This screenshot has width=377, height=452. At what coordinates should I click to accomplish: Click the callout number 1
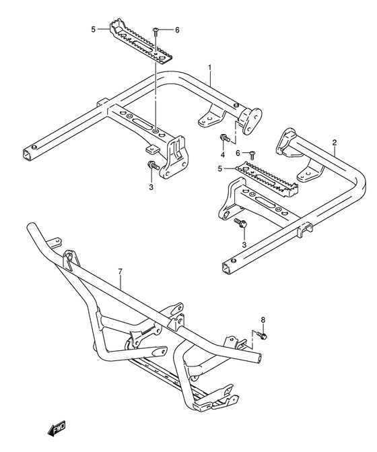point(210,67)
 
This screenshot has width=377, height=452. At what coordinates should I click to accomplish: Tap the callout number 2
point(334,142)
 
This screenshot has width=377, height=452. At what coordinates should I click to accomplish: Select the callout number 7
point(120,271)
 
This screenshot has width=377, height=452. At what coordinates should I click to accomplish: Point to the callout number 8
point(263,320)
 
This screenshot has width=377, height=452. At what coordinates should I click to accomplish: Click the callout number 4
point(223,155)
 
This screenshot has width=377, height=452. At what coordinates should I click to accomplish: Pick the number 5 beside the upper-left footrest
point(93,30)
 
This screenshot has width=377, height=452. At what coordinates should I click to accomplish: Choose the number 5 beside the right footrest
point(220,168)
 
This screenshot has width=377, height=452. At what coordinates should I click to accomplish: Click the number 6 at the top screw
point(177,30)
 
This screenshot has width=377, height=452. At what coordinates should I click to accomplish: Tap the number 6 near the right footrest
point(238,153)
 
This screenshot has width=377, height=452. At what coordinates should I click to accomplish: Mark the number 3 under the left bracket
point(151,187)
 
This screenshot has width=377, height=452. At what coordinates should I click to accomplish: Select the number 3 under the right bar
point(244,245)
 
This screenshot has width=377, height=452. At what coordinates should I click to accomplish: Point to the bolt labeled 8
point(262,335)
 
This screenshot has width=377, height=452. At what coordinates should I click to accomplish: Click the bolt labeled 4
point(225,138)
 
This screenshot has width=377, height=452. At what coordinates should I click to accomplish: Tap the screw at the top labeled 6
point(156,31)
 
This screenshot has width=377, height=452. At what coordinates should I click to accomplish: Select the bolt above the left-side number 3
point(153,166)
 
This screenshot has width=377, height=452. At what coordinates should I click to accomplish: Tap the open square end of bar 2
point(227,269)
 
